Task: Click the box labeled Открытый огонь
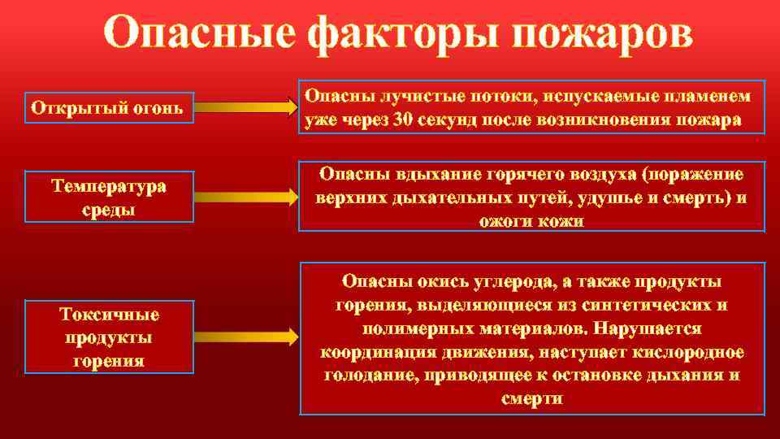[x=109, y=106]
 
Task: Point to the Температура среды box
[x=109, y=197]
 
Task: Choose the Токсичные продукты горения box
[x=109, y=337]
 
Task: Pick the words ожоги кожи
[x=531, y=220]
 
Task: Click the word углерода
[x=503, y=281]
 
